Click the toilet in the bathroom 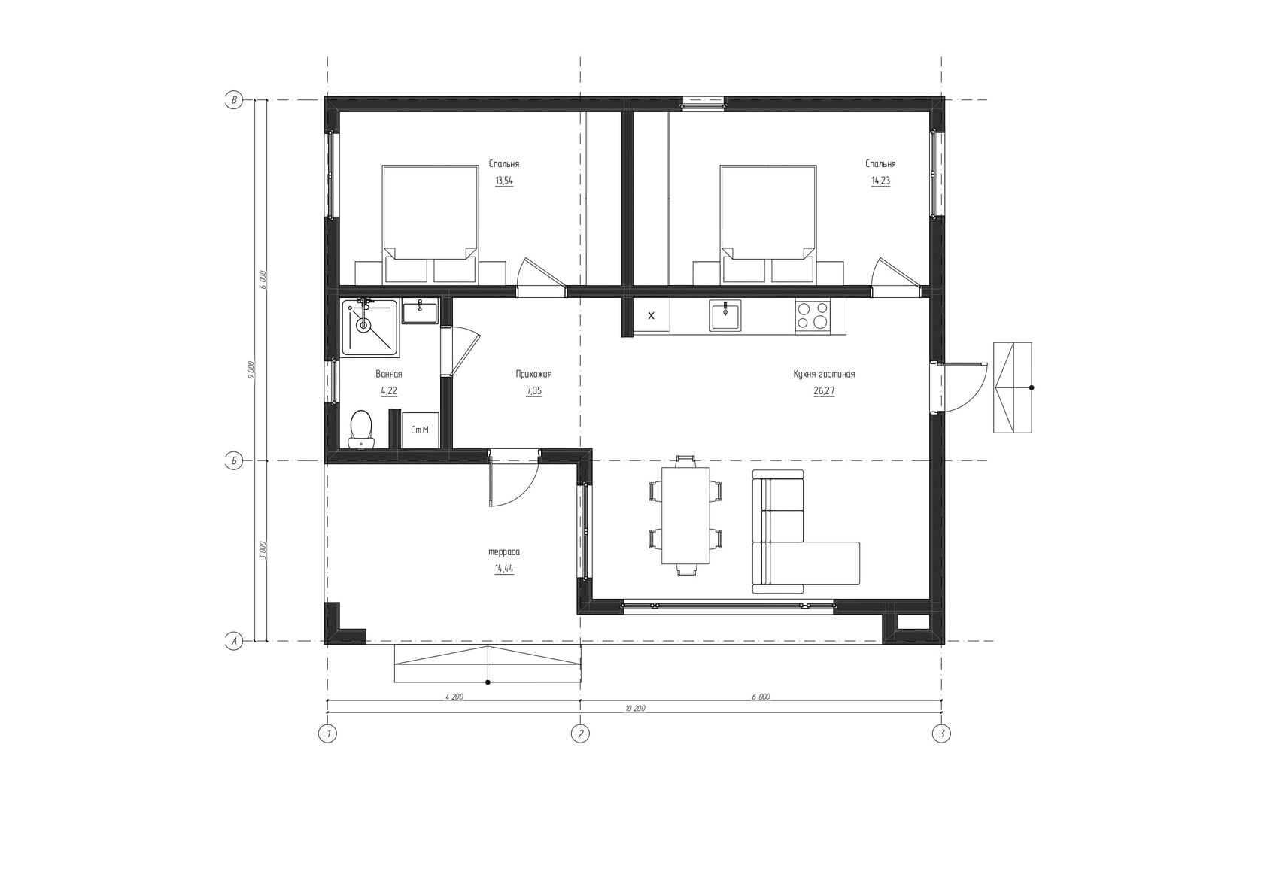point(361,430)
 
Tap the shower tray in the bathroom point(369,328)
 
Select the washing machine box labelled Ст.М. point(421,430)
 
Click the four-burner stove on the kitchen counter point(813,316)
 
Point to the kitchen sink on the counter point(725,315)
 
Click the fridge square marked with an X point(652,316)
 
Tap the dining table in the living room point(685,515)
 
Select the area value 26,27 point(824,390)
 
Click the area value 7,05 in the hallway point(533,390)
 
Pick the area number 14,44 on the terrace point(504,569)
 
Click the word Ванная point(389,374)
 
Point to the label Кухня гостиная point(824,374)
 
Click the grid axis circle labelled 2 point(580,734)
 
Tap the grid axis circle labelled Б point(233,461)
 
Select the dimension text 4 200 point(454,697)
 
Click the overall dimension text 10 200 point(635,709)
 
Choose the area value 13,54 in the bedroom point(504,181)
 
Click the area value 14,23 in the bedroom point(880,181)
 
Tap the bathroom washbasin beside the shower point(420,311)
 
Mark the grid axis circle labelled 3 point(941,734)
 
